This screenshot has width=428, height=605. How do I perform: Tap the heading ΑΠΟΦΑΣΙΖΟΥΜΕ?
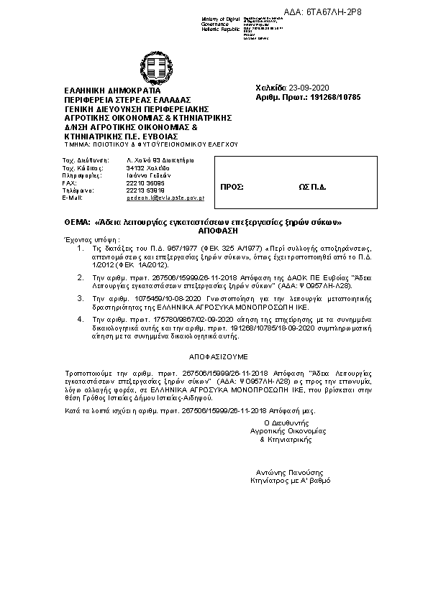(214, 356)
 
